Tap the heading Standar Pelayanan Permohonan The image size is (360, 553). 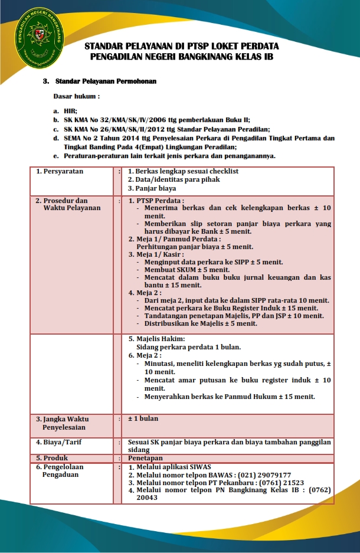click(106, 80)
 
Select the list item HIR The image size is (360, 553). click(71, 110)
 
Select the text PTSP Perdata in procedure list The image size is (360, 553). click(160, 201)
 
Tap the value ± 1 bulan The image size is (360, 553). click(143, 418)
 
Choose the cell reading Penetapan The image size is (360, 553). click(145, 457)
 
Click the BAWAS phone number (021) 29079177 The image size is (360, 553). click(263, 475)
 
